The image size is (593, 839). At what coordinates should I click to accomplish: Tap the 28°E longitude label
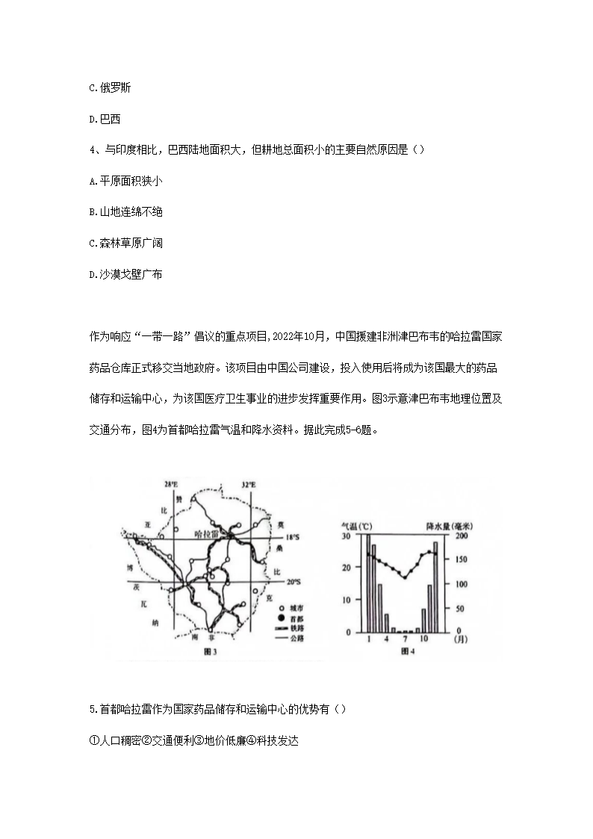[172, 486]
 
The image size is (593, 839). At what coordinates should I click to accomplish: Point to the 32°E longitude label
[249, 486]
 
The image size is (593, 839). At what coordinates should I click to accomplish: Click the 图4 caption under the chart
[408, 651]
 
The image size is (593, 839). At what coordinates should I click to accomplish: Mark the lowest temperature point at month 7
[405, 576]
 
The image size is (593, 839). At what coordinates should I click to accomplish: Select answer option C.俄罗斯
[110, 87]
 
